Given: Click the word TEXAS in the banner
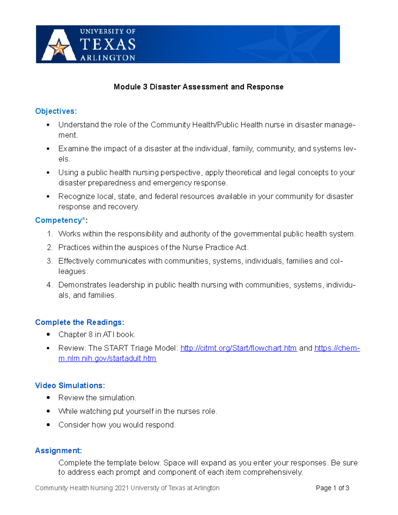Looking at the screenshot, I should [x=108, y=44].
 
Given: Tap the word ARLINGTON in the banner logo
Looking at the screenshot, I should [x=108, y=58].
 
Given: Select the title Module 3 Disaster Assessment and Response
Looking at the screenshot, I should [x=198, y=87].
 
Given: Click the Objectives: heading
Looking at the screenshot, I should [x=56, y=111].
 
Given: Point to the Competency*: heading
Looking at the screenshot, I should [x=61, y=220].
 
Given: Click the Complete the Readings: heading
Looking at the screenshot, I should [x=80, y=322].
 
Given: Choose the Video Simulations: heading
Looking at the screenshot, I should [x=70, y=385].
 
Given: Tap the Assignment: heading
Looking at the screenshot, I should [x=58, y=451].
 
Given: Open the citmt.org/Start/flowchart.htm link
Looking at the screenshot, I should [x=238, y=348].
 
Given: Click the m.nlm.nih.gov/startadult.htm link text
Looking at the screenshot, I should [x=107, y=358].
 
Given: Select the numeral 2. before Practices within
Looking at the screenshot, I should [x=50, y=247].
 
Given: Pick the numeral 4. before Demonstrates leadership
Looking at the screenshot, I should [x=50, y=285].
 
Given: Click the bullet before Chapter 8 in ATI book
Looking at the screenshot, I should [x=48, y=335].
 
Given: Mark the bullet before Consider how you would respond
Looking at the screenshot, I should [x=48, y=425].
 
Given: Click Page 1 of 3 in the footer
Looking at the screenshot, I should [x=332, y=488].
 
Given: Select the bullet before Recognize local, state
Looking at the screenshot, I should [x=48, y=196].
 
